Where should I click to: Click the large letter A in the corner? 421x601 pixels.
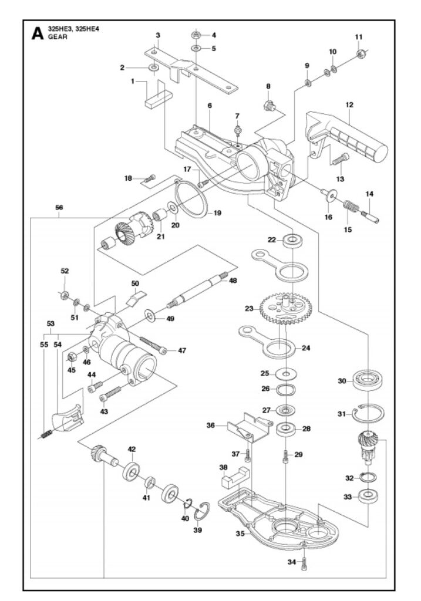(x=37, y=33)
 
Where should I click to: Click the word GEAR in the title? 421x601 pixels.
(x=58, y=37)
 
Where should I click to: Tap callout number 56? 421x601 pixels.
(x=59, y=207)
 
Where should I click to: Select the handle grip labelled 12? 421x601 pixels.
(x=347, y=136)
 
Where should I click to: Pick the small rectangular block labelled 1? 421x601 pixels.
(x=159, y=99)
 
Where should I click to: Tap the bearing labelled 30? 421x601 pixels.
(x=367, y=380)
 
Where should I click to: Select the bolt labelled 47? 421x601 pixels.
(x=153, y=345)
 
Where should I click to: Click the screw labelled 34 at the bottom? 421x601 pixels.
(x=304, y=562)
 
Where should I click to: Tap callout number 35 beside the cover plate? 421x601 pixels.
(x=240, y=533)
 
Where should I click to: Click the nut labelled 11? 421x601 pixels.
(x=360, y=55)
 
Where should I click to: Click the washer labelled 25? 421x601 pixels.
(x=285, y=373)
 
